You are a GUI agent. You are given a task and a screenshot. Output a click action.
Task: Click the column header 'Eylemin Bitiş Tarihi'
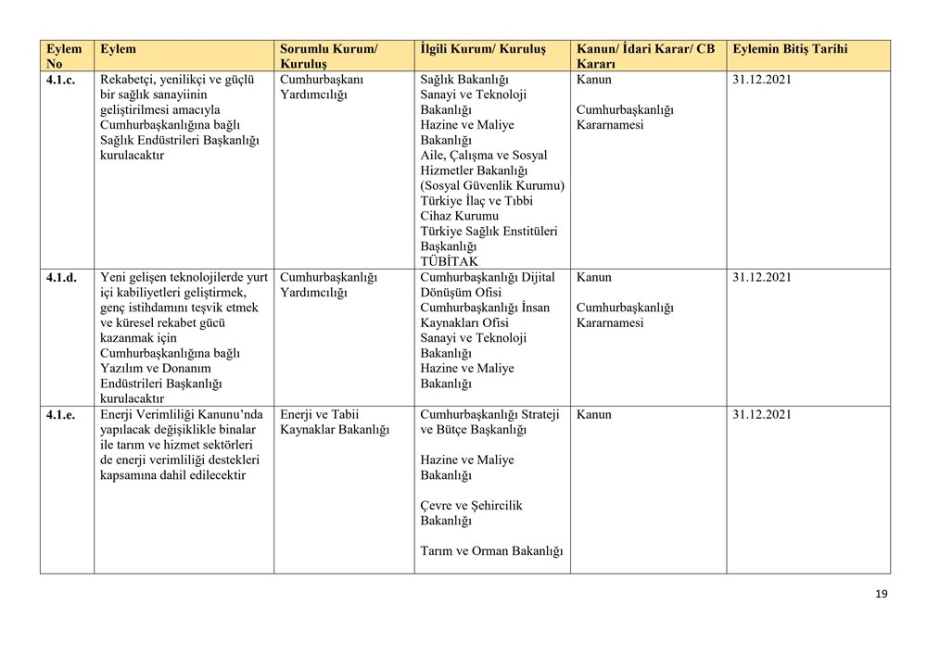click(x=789, y=49)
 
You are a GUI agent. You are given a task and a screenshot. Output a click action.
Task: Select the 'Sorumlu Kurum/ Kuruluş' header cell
click(x=328, y=57)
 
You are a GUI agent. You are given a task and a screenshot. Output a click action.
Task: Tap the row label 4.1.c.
click(x=60, y=80)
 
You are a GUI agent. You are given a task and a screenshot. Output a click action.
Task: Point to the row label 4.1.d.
click(x=61, y=277)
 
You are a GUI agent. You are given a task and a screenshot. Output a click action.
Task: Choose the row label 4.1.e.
click(x=60, y=414)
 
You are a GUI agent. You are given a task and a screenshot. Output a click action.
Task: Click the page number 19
click(x=881, y=594)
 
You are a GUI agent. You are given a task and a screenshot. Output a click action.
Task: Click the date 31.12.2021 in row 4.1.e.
click(x=761, y=414)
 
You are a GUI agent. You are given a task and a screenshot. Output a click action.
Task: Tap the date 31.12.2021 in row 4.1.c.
click(x=761, y=80)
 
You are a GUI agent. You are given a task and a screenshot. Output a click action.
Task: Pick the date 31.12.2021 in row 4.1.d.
click(x=761, y=277)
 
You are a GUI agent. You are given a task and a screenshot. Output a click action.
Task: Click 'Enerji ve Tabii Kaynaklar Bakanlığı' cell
click(x=334, y=422)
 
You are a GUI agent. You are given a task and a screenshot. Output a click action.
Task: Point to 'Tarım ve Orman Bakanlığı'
click(x=491, y=551)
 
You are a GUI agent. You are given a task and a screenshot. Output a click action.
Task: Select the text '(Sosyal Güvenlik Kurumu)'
click(x=491, y=185)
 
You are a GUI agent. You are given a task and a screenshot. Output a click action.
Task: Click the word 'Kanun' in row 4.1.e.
click(x=593, y=414)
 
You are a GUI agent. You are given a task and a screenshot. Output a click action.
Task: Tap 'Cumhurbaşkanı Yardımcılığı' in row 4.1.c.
click(x=321, y=87)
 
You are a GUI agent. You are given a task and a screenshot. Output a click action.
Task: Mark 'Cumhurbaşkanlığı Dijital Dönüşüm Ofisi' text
click(x=487, y=284)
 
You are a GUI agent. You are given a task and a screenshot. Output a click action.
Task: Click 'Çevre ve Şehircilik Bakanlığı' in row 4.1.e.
click(x=471, y=513)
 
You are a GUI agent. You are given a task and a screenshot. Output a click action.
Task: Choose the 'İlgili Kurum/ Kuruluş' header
click(x=483, y=49)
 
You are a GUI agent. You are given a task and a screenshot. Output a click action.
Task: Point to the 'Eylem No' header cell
click(x=64, y=57)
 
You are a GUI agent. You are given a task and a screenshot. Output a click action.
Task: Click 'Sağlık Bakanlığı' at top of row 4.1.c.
click(x=464, y=80)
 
